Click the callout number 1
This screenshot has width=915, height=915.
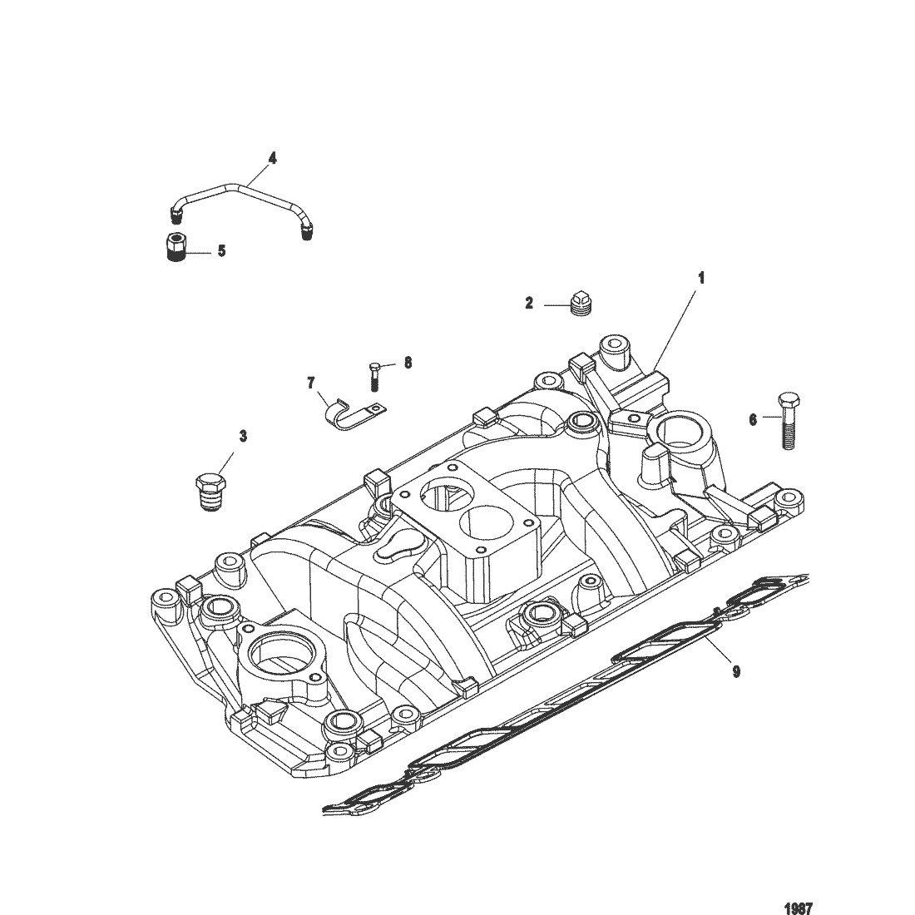[700, 278]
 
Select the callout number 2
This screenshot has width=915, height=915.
[529, 304]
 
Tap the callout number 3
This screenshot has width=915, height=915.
[243, 435]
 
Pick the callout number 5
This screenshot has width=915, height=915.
[221, 250]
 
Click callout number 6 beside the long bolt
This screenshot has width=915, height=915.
[753, 420]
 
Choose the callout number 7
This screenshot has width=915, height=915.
[311, 383]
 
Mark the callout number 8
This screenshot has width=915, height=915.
[408, 363]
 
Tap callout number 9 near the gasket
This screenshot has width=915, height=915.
[735, 671]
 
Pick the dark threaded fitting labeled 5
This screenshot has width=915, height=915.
[176, 250]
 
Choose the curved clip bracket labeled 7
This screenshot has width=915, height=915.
[349, 413]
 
